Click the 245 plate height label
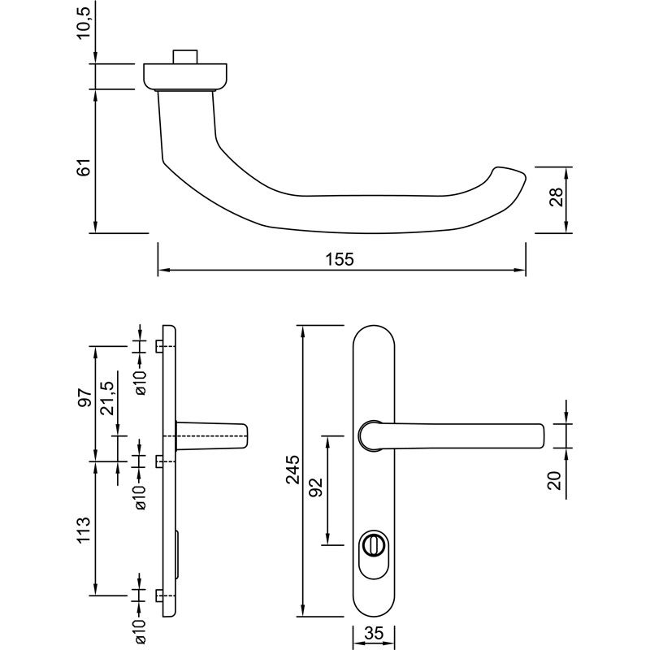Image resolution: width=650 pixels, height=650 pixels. click(293, 470)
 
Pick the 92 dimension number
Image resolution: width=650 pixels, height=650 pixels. click(317, 487)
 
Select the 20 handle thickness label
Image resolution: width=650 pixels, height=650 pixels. click(555, 479)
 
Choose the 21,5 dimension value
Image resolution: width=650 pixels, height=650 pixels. click(107, 399)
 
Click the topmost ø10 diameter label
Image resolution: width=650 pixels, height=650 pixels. click(141, 380)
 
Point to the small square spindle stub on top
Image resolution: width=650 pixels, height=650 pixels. click(186, 57)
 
